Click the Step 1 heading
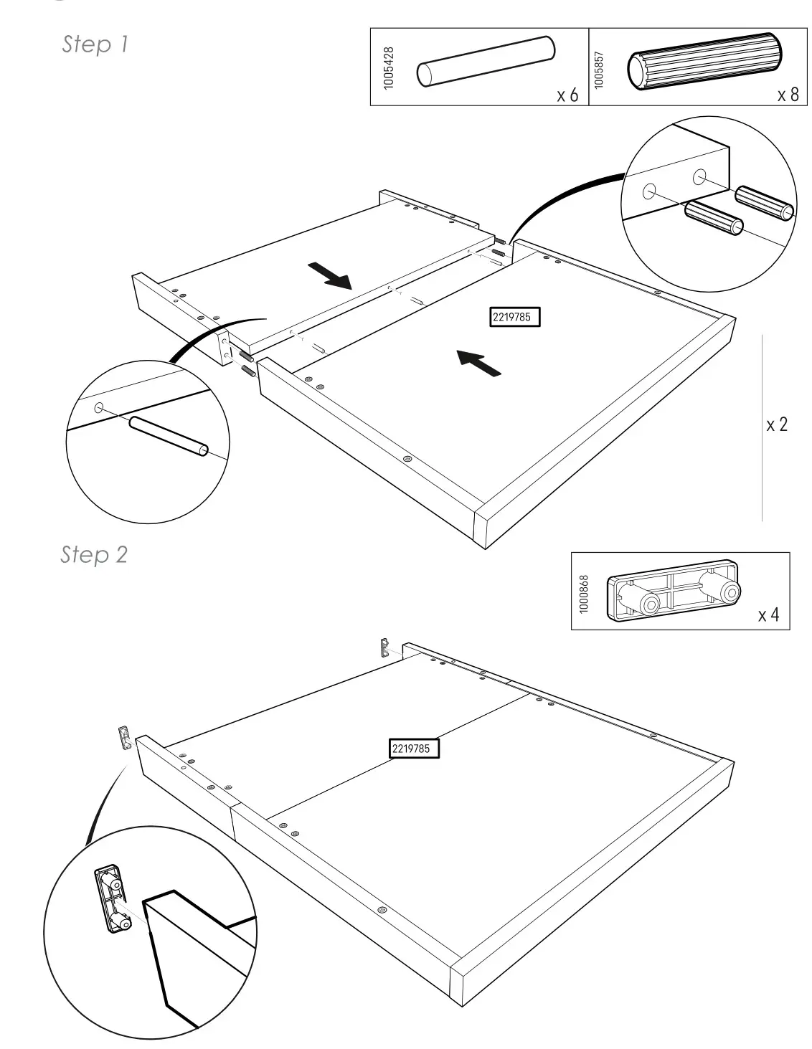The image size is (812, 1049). [x=95, y=44]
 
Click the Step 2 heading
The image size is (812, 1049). [x=94, y=554]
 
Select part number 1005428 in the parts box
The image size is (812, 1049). [x=389, y=67]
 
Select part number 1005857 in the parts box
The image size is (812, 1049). [x=600, y=69]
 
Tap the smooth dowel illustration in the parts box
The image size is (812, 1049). [x=486, y=62]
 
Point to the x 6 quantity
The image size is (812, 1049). [x=567, y=95]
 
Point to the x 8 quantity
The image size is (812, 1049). [x=787, y=95]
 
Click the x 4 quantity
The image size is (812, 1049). [x=768, y=615]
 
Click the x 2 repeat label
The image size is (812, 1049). [x=776, y=424]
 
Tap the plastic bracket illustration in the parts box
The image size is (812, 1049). [x=674, y=589]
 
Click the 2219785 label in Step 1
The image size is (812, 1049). [x=514, y=317]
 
